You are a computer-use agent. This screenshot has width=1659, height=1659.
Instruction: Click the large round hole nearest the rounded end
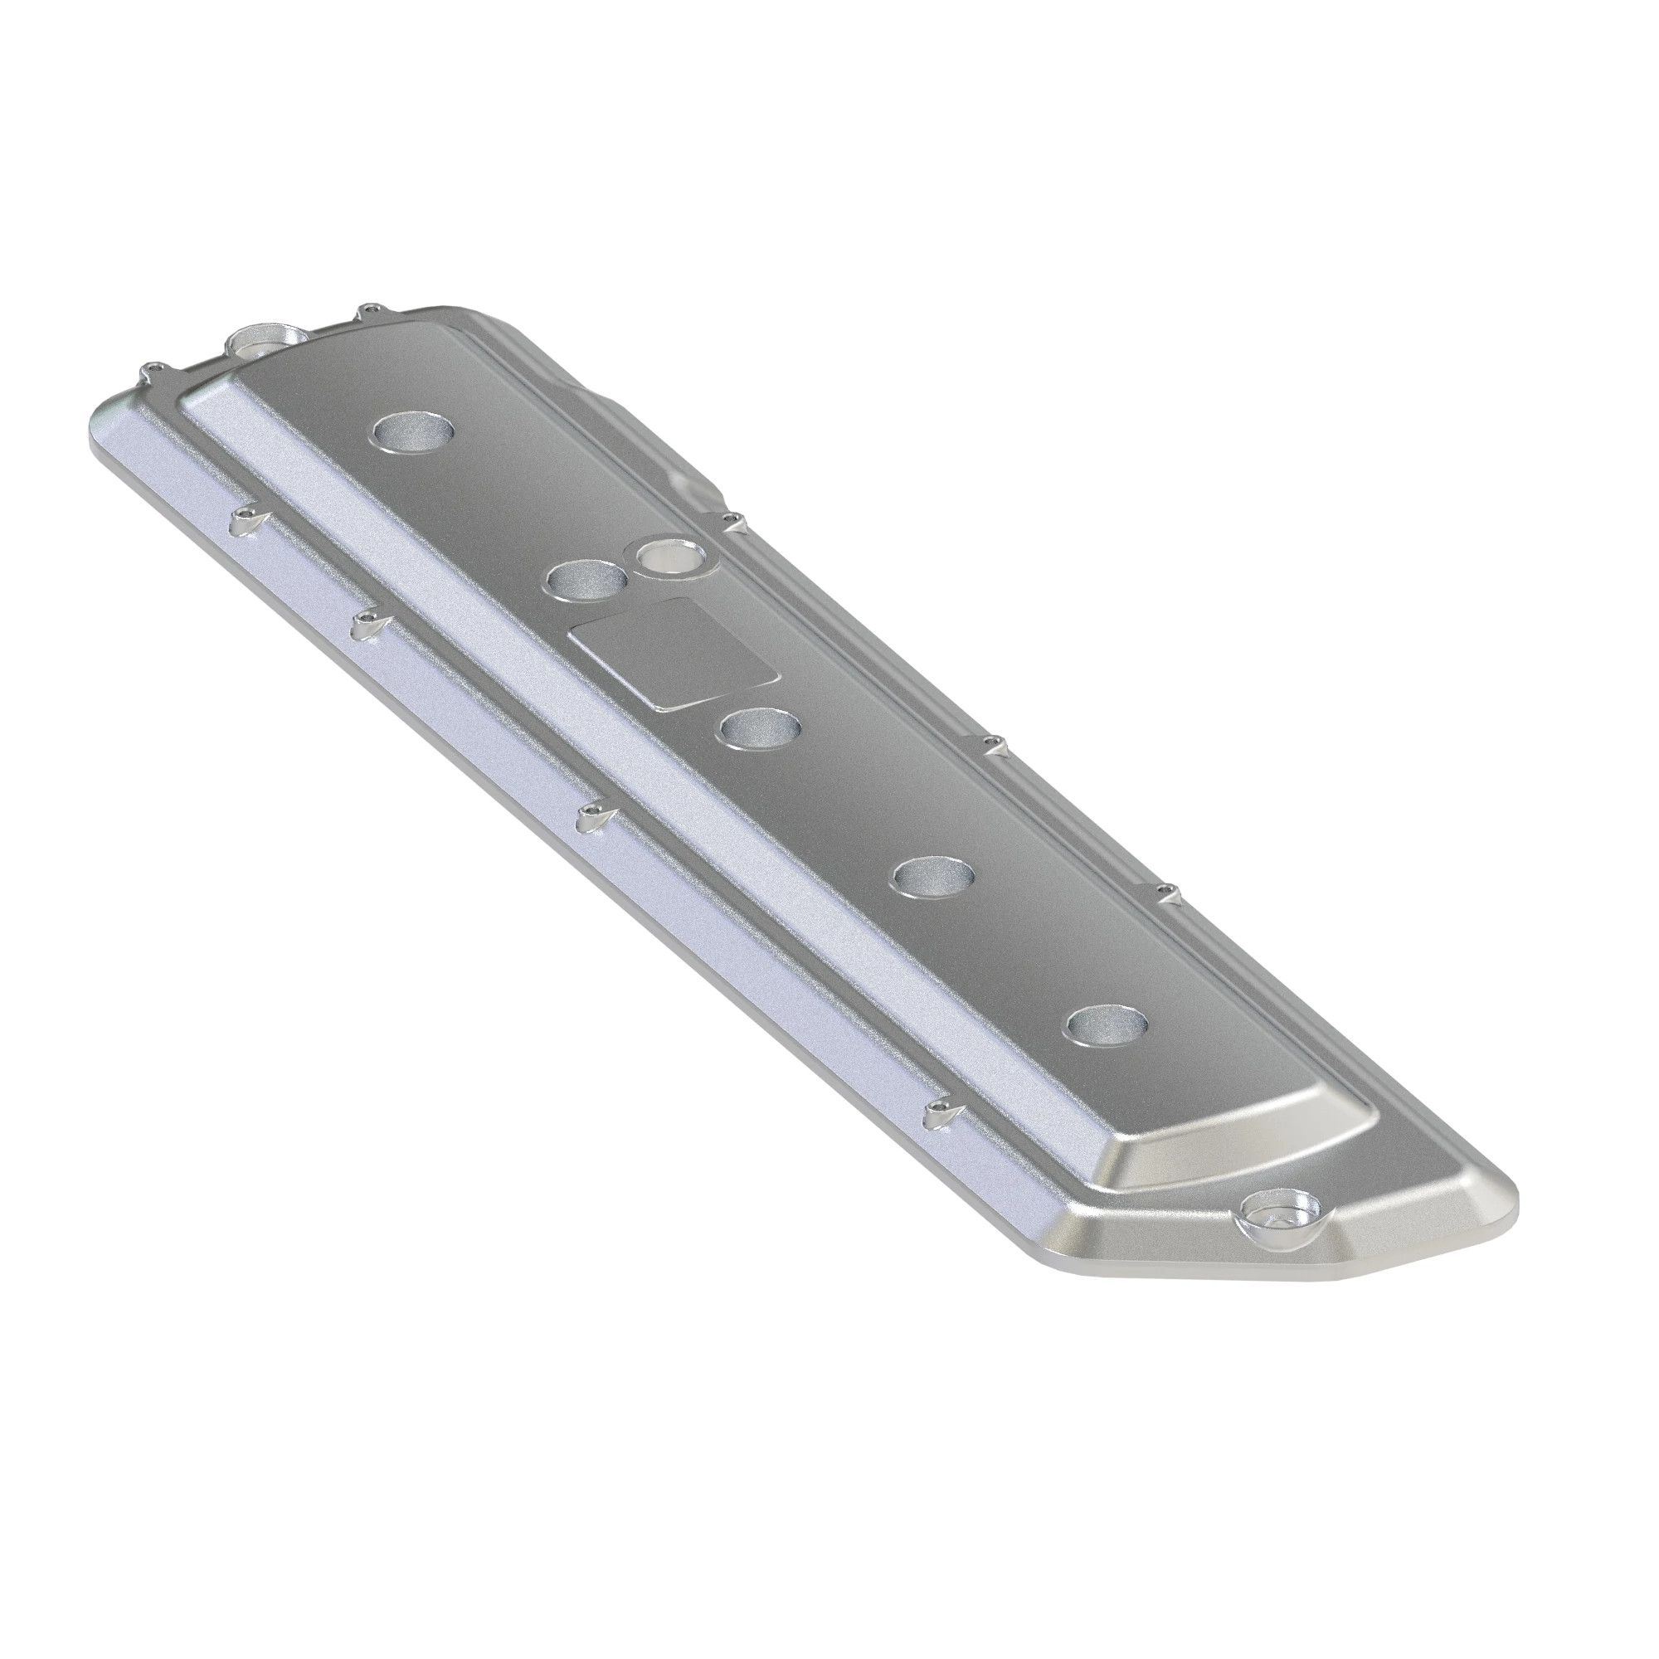click(x=416, y=431)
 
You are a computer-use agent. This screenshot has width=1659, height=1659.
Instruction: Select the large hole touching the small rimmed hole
click(x=586, y=580)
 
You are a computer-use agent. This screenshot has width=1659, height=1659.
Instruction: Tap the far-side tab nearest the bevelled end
click(x=1165, y=890)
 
